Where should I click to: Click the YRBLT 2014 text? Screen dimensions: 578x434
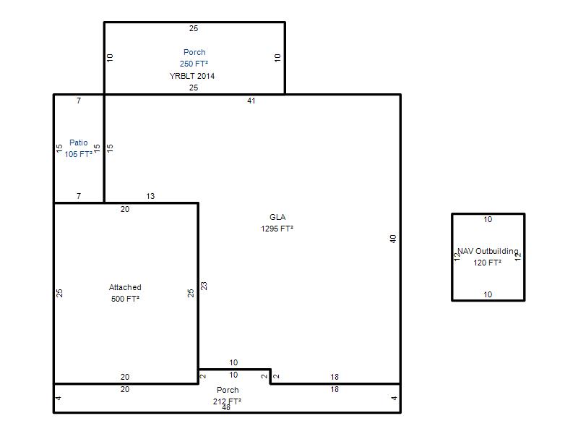[x=192, y=76]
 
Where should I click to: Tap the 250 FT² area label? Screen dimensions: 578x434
[x=194, y=64]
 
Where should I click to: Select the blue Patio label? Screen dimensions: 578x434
[x=79, y=142]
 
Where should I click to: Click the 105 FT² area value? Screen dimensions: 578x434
[x=79, y=154]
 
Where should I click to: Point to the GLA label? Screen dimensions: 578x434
[x=277, y=217]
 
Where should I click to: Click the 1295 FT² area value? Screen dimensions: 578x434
[x=277, y=229]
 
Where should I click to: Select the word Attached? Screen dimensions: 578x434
[x=125, y=287]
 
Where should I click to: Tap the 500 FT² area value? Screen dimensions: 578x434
[x=125, y=299]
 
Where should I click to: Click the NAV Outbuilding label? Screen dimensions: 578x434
[x=488, y=251]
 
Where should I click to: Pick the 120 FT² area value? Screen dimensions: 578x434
[x=487, y=263]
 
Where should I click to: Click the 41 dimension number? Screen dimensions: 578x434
[x=251, y=101]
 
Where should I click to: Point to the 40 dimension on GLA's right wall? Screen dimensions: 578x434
[x=393, y=239]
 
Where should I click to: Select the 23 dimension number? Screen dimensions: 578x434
[x=204, y=286]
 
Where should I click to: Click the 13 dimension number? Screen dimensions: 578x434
[x=150, y=196]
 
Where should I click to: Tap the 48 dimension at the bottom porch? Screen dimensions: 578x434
[x=226, y=407]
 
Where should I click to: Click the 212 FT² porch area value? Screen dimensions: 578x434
[x=227, y=401]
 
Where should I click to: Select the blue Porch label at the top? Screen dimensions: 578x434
[x=194, y=52]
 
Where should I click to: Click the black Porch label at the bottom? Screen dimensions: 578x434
[x=228, y=390]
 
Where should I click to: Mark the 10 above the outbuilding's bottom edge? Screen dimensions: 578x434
[x=488, y=294]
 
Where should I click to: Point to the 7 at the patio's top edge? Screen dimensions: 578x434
[x=79, y=101]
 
